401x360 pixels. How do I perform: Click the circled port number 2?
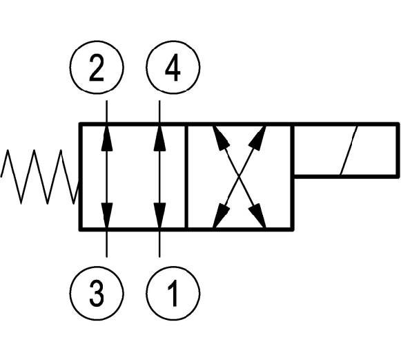tap(97, 68)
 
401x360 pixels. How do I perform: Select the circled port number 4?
tap(173, 68)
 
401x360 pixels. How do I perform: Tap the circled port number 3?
tap(97, 293)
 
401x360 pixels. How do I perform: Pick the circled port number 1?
tap(173, 293)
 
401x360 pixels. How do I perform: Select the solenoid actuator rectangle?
tap(346, 151)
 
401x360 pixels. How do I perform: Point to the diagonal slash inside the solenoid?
tap(349, 151)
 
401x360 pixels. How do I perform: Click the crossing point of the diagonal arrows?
tap(239, 176)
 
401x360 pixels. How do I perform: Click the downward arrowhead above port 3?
tap(107, 215)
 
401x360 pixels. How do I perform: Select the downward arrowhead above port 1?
tap(159, 215)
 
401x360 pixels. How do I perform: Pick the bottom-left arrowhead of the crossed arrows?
tap(220, 215)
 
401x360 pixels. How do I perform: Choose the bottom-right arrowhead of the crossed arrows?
tap(258, 215)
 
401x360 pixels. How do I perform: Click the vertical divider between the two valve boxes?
tap(186, 177)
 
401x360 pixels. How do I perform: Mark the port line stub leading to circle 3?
tap(107, 244)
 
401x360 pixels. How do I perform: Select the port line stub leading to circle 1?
tap(159, 244)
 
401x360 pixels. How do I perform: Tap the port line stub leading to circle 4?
tap(159, 111)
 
